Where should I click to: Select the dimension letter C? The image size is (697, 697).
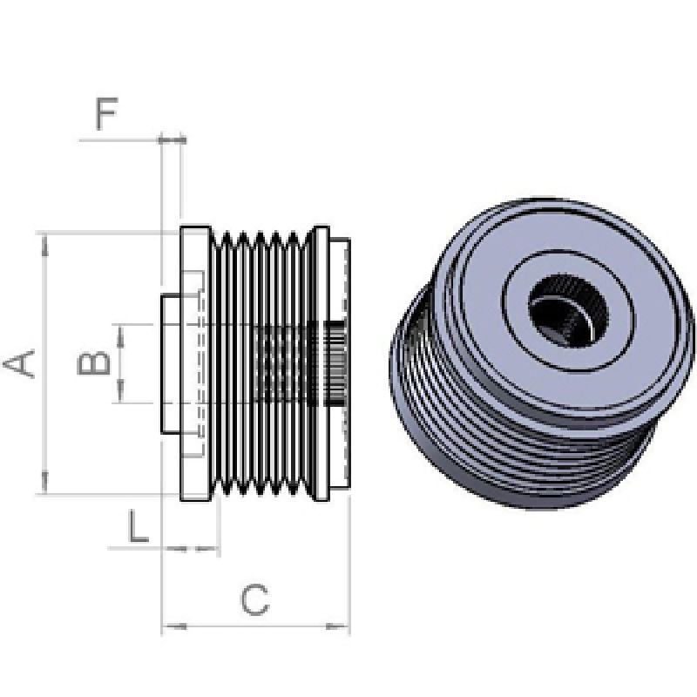point(254,600)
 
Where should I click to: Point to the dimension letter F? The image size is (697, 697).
point(105,115)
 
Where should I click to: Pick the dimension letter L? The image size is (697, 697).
point(138,526)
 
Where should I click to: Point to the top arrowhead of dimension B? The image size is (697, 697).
point(119,330)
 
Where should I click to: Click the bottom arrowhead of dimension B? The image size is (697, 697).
point(119,396)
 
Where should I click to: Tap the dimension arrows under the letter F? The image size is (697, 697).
point(172,139)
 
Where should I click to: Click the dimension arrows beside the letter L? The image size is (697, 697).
point(192,548)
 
